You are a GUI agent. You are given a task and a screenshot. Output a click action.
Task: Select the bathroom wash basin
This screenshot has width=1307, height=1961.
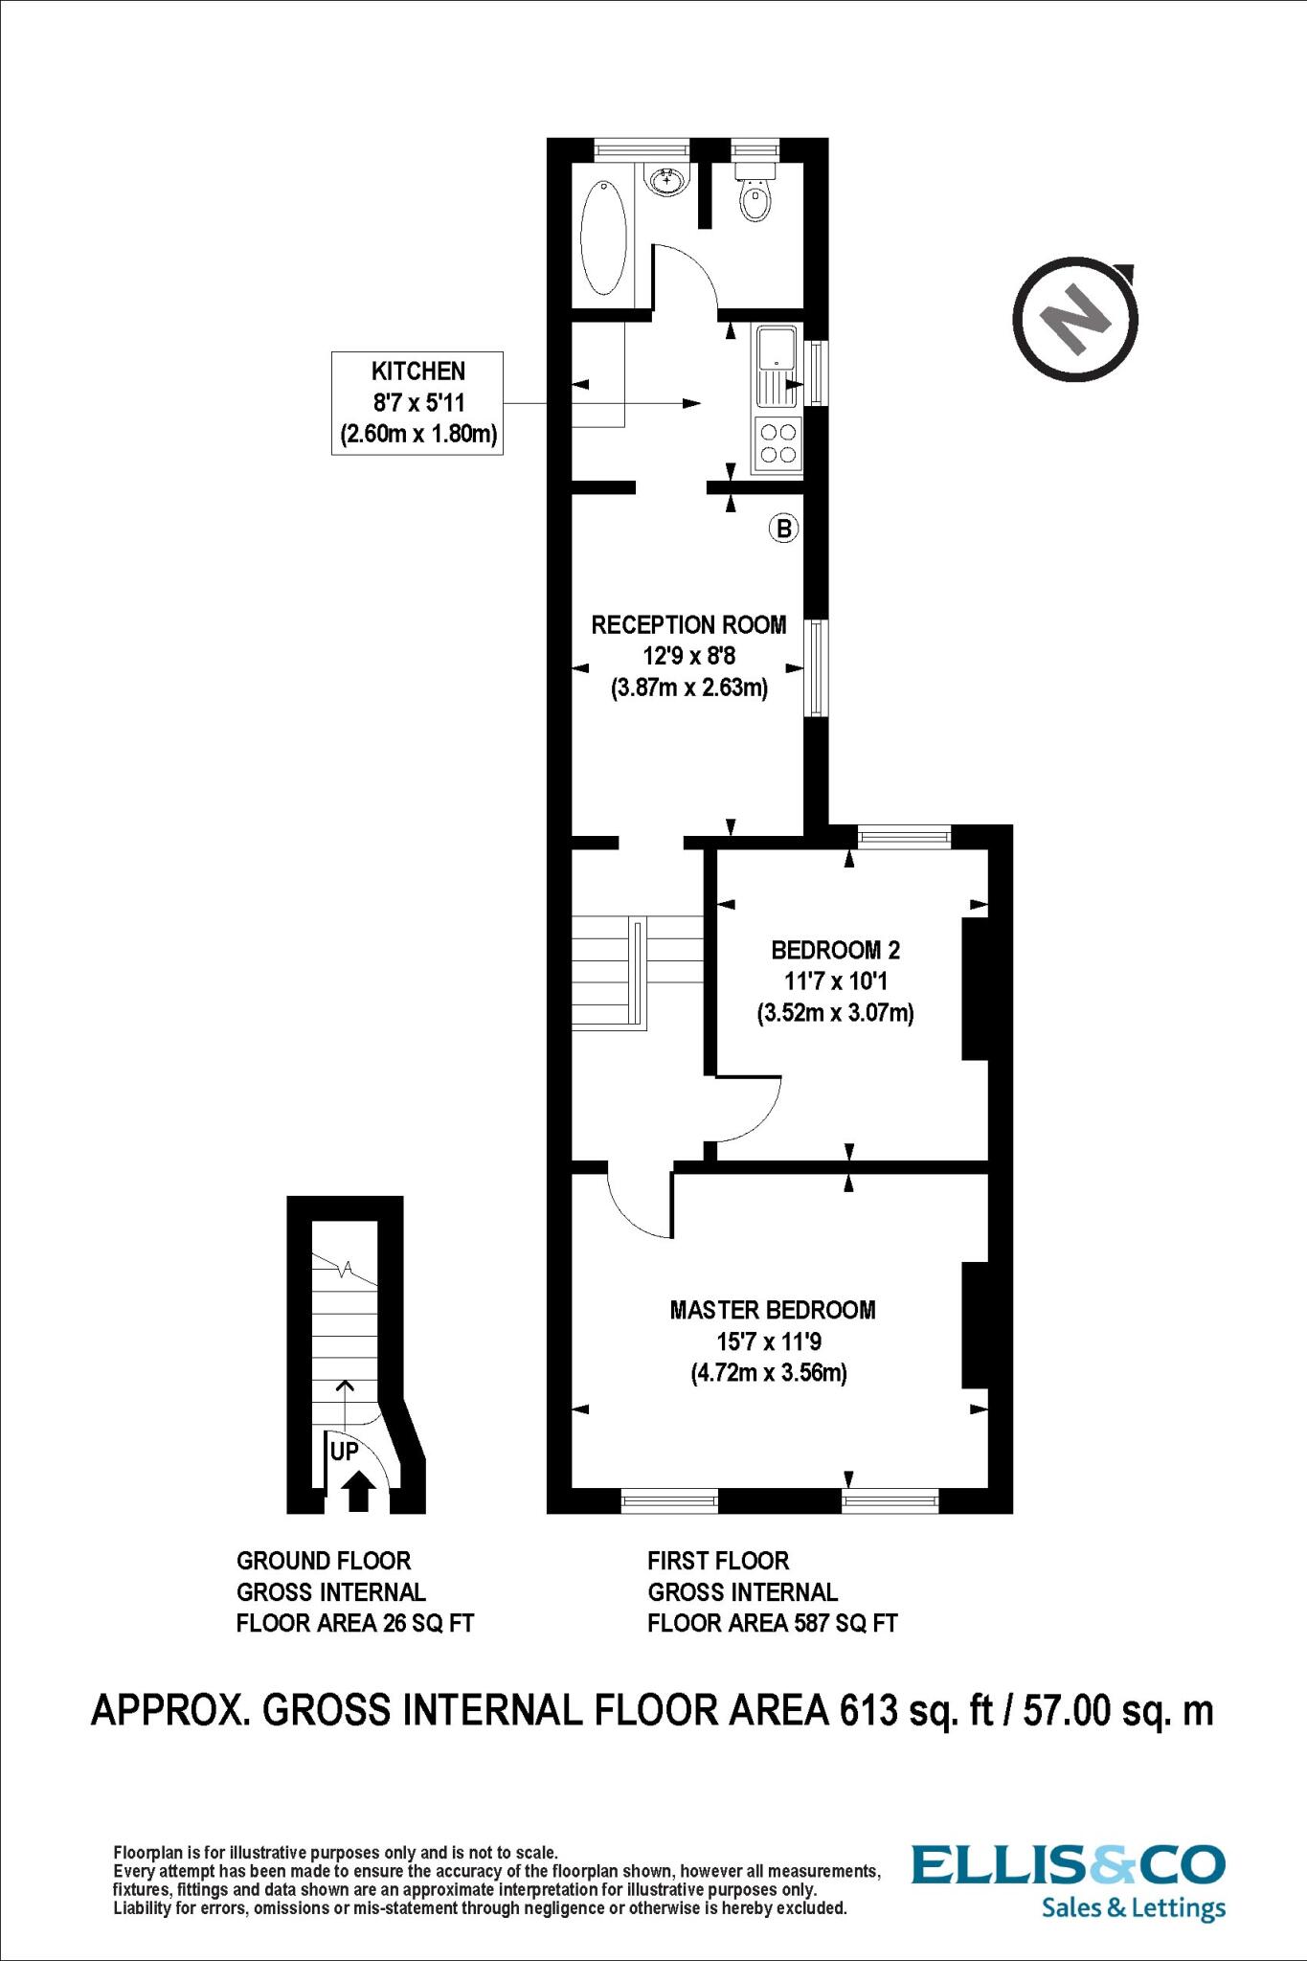point(665,178)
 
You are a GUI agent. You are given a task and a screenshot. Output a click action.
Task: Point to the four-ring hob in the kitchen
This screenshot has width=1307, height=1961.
point(778,443)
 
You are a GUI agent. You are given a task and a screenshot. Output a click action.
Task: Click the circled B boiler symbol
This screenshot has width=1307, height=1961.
point(784,528)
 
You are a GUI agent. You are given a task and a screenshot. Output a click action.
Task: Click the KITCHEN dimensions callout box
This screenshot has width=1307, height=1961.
point(417,402)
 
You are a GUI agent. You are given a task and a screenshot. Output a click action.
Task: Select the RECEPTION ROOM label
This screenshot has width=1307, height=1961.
point(688,625)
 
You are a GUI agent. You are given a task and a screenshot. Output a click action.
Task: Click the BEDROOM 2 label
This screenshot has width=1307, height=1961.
point(835,950)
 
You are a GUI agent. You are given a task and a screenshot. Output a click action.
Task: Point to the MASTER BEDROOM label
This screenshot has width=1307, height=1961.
point(772,1309)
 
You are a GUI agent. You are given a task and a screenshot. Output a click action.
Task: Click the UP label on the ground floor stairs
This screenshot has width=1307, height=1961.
point(344,1452)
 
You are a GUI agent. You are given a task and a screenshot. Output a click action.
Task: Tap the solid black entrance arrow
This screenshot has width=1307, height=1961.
point(358,1491)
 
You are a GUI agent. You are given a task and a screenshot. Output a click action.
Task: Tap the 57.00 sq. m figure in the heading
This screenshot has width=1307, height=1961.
point(1117,1710)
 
